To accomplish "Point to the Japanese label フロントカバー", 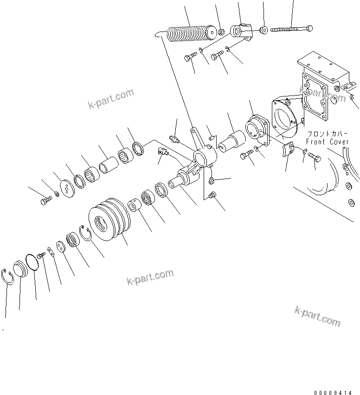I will point(327,133).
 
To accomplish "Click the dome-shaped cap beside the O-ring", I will point(21,269).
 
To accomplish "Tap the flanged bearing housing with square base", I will point(255,130).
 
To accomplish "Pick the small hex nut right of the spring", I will point(222,32).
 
